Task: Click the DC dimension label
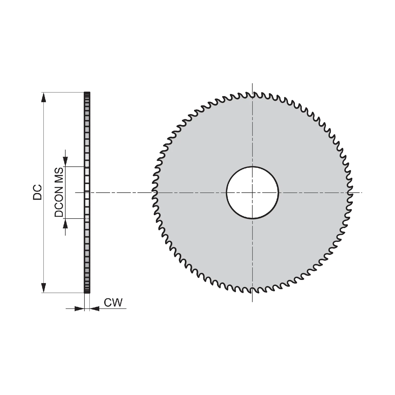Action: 37,192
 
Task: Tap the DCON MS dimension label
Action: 59,192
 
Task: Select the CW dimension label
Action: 113,303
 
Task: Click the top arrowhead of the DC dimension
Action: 44,97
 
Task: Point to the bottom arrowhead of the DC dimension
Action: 44,288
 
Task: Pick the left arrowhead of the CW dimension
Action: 79,308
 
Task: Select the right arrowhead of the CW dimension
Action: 95,308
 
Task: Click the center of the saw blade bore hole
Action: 252,192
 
